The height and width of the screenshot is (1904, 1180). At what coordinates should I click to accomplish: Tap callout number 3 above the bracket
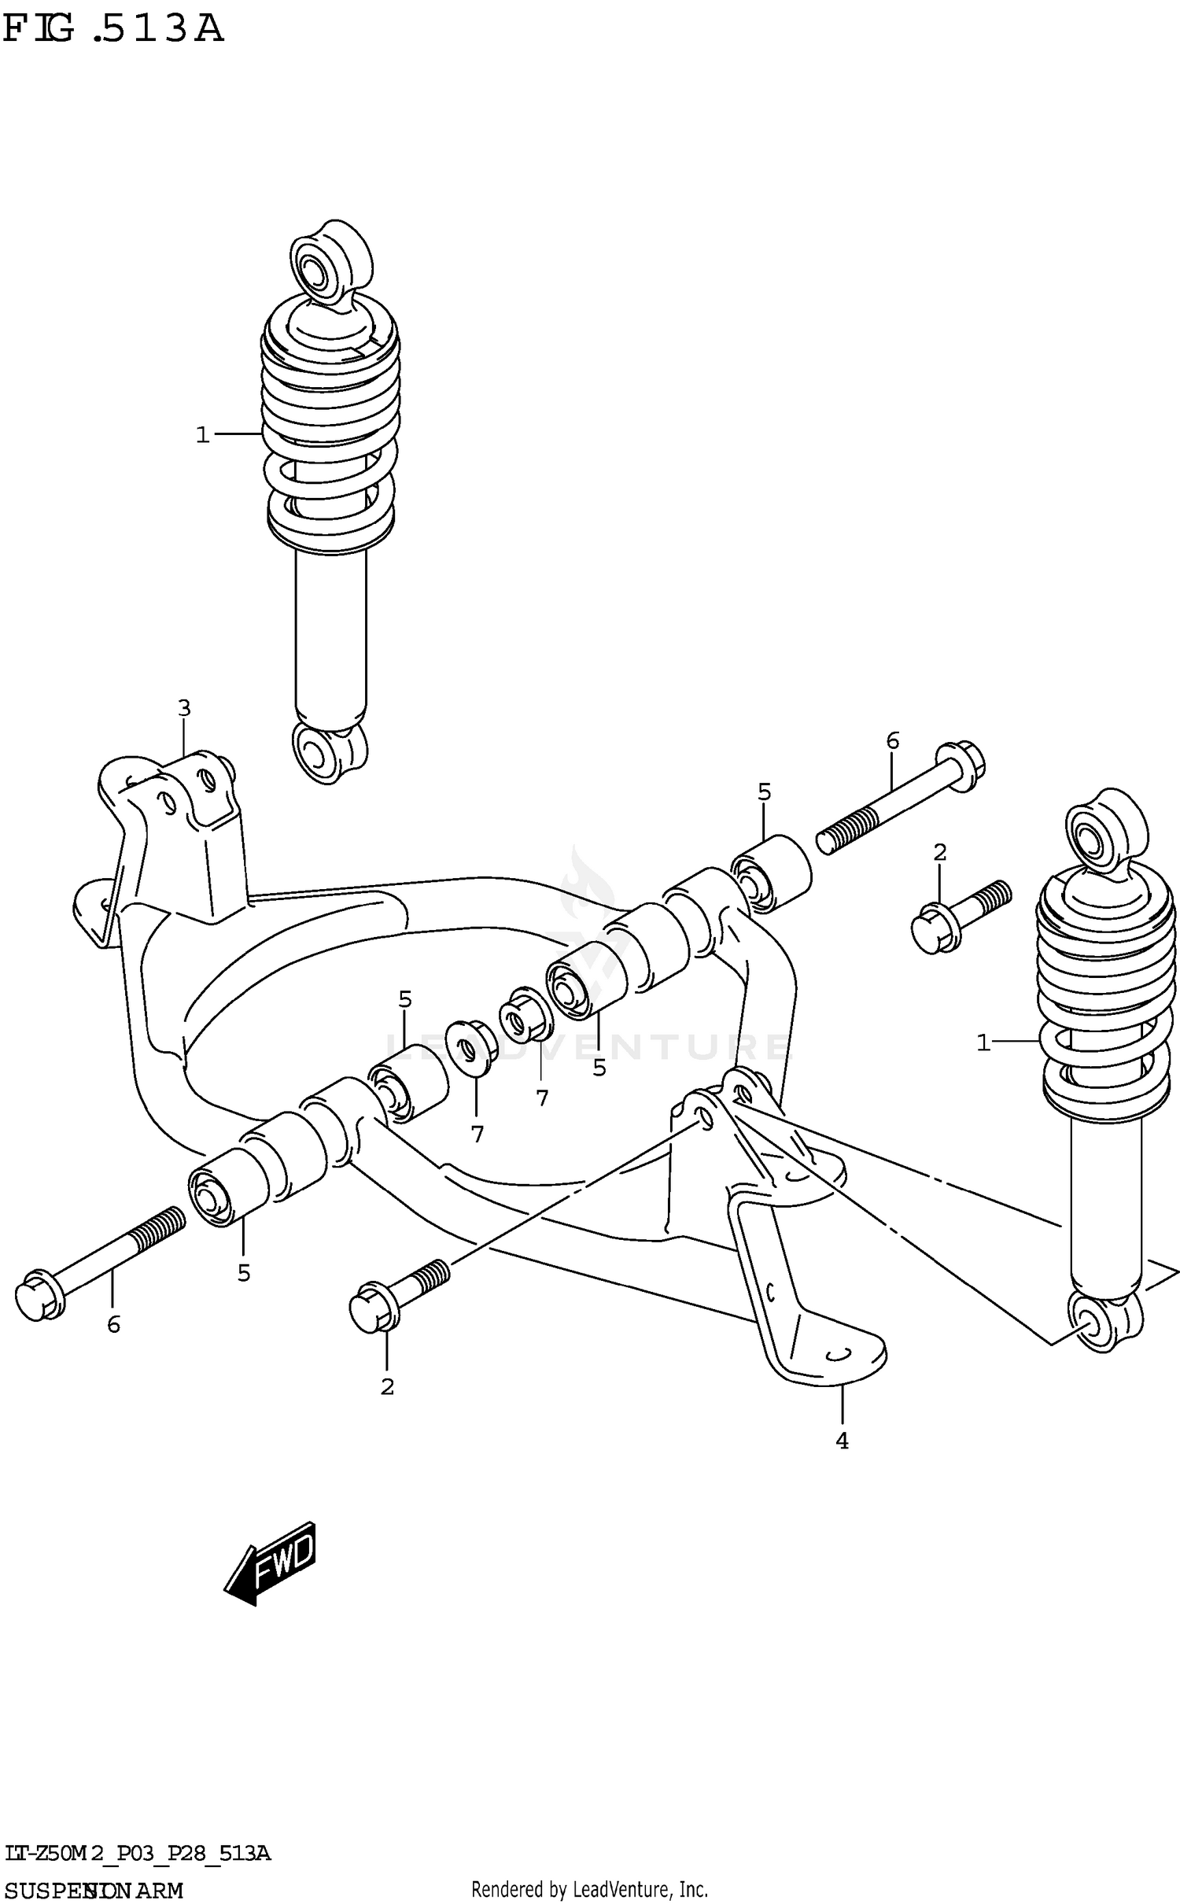coord(183,708)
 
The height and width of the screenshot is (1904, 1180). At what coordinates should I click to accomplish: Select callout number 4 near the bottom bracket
coord(842,1441)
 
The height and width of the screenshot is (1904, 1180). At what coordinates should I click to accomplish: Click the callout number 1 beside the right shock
coord(983,1043)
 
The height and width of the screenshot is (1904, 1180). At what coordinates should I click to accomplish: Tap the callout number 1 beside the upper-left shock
coord(202,434)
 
